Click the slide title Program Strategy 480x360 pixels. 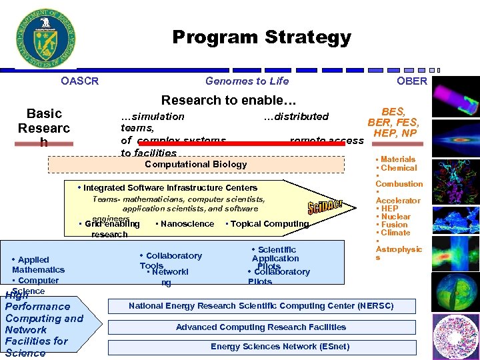(x=261, y=37)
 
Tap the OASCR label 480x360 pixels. (x=79, y=81)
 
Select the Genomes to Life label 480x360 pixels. (x=247, y=81)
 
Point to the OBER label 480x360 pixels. (x=412, y=81)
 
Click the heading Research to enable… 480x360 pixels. (x=229, y=100)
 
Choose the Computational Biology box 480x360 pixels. (x=195, y=164)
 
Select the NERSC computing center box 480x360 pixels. (x=261, y=306)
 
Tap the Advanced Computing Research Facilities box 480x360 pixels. (x=261, y=327)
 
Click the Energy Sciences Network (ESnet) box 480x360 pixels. (x=261, y=347)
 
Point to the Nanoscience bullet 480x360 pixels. (x=185, y=224)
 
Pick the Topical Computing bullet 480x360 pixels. (x=268, y=224)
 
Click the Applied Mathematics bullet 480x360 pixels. (x=38, y=265)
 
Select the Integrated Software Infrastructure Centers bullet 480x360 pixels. (x=167, y=188)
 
